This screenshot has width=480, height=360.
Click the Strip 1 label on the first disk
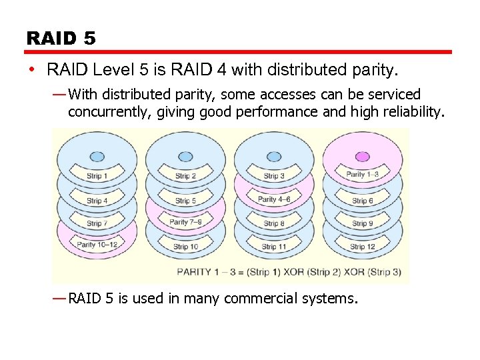pos(97,176)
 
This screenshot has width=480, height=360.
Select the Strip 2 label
pos(185,176)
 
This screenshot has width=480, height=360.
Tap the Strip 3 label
pos(274,176)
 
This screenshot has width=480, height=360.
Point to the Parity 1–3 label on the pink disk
pos(362,175)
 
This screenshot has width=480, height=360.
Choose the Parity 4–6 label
pos(274,199)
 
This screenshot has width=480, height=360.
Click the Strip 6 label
pos(362,201)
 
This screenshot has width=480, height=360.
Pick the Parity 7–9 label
pos(185,222)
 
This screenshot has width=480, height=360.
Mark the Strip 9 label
pos(362,223)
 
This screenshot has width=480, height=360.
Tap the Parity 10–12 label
pos(97,245)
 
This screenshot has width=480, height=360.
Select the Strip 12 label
pos(362,247)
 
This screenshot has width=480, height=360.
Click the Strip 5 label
pos(185,201)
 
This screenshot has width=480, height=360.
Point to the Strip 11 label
pos(274,247)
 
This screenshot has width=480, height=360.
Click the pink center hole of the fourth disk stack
pos(362,157)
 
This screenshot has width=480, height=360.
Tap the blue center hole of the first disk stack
pos(97,157)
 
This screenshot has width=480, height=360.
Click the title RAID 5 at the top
pos(61,38)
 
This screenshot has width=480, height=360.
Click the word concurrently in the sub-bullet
pos(110,112)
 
